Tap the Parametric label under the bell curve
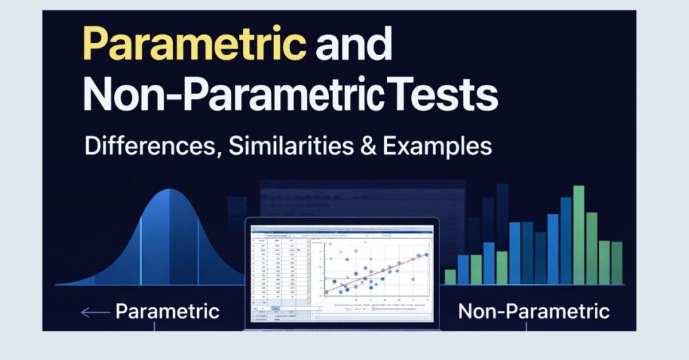click(167, 312)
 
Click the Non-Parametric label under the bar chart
click(534, 312)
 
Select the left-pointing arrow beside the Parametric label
click(94, 312)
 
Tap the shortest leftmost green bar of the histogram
click(450, 277)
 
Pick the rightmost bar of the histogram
click(616, 263)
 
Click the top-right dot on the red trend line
click(425, 255)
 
